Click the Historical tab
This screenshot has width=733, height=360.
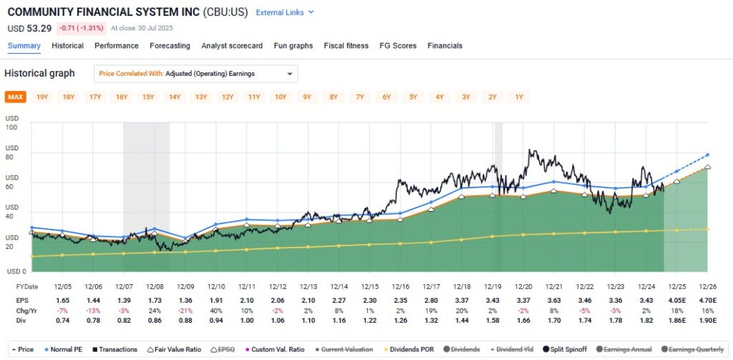click(67, 46)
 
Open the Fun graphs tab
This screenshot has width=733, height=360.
click(293, 46)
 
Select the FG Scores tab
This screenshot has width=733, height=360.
click(397, 46)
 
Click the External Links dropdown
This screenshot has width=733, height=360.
click(284, 13)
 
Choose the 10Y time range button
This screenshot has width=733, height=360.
click(280, 97)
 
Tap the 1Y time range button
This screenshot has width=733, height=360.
click(519, 97)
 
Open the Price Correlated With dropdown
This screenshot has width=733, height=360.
click(195, 74)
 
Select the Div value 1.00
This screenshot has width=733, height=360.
click(246, 322)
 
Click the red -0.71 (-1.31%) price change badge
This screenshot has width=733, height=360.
click(82, 29)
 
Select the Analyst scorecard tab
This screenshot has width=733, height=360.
click(232, 46)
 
